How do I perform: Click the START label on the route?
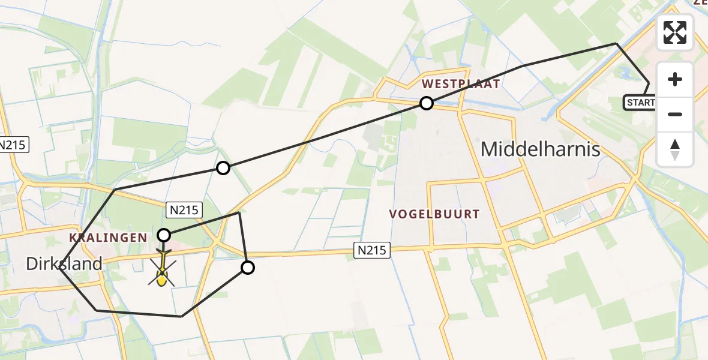640,103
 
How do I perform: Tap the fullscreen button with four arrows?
675,32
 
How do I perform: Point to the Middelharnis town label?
541,149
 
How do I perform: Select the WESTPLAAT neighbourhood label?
461,84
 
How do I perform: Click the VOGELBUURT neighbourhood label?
434,214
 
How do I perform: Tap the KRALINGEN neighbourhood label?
108,238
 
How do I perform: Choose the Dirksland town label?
64,263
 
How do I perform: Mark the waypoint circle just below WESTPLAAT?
426,103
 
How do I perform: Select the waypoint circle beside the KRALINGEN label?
164,235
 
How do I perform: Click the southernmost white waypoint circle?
247,268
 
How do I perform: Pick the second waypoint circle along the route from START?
223,168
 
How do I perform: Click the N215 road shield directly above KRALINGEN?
185,209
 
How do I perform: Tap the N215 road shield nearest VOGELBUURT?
371,250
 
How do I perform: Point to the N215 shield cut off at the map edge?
11,145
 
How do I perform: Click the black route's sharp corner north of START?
616,44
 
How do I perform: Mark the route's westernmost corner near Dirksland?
60,269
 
